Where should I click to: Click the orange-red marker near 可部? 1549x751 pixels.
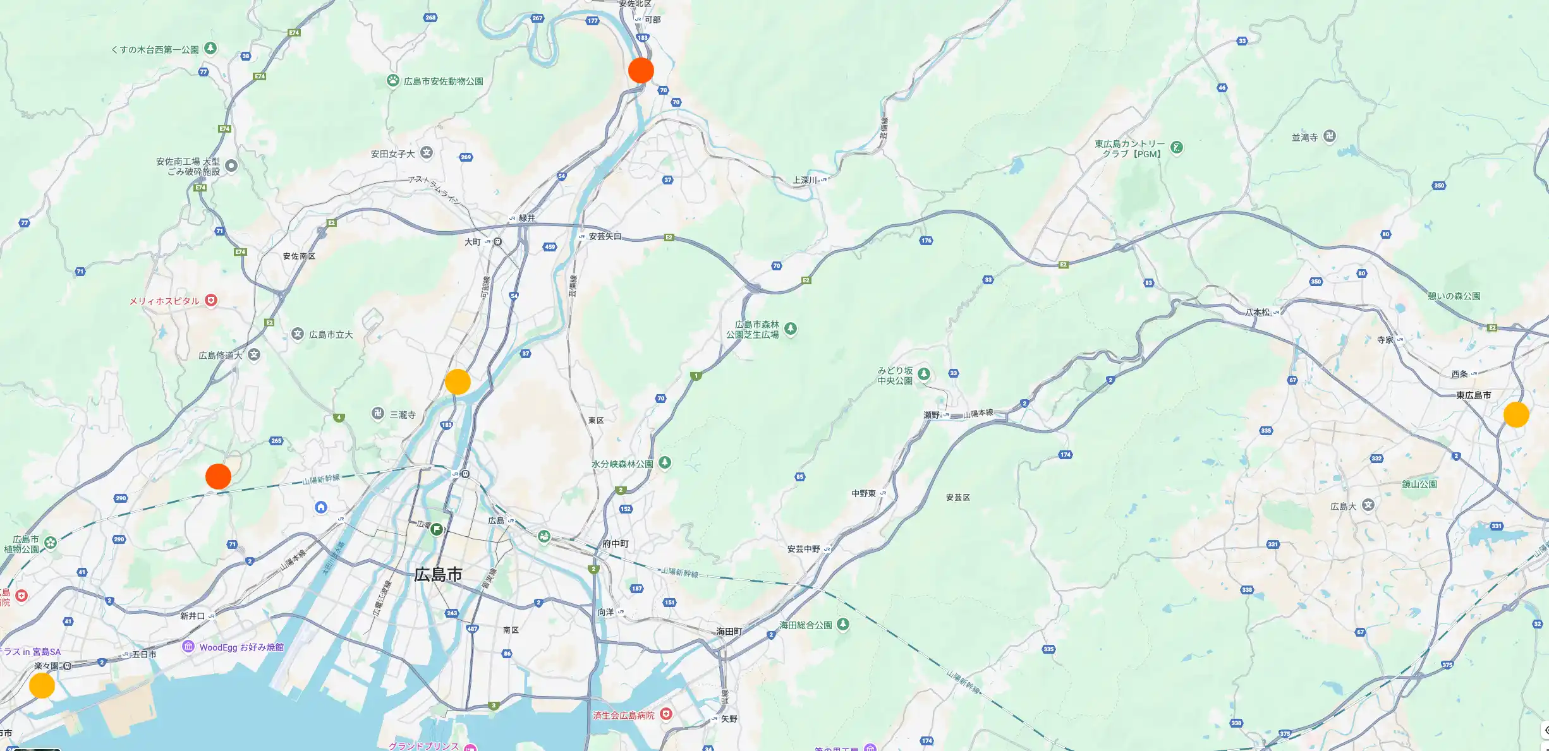click(641, 70)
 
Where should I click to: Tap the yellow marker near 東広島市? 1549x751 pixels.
click(1516, 414)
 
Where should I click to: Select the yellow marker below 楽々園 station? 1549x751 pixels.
click(42, 685)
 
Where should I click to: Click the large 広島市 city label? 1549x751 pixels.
click(438, 575)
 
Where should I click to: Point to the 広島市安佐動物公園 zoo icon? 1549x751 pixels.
click(393, 80)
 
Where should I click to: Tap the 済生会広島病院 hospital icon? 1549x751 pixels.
click(665, 714)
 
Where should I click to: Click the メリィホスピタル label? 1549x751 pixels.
click(164, 301)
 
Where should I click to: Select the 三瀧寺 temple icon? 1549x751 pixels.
click(377, 414)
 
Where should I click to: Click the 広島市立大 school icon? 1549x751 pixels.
click(298, 334)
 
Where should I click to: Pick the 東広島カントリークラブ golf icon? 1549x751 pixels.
click(1177, 148)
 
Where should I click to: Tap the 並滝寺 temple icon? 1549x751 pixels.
click(1330, 136)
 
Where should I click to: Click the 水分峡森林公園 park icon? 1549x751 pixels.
click(665, 462)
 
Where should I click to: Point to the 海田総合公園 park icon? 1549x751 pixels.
click(843, 625)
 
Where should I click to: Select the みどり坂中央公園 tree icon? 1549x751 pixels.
click(924, 374)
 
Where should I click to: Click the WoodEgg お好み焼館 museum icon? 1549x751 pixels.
click(188, 647)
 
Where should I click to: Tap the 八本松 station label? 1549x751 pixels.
click(1258, 312)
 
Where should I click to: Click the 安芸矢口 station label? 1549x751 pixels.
click(605, 236)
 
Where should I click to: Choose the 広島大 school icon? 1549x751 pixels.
click(1368, 505)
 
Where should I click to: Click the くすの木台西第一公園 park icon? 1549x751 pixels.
click(211, 49)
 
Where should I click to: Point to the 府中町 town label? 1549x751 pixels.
click(616, 543)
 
